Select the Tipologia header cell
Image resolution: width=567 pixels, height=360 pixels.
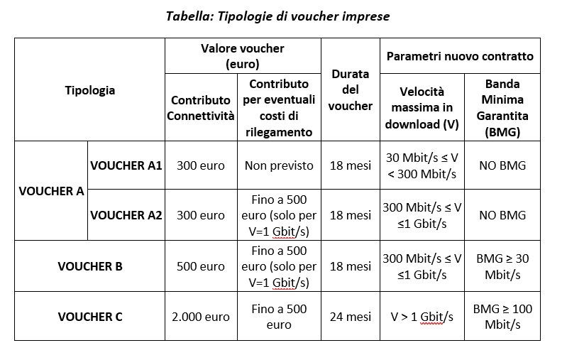coord(89,90)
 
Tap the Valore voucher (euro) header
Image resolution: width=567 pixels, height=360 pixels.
coord(243,56)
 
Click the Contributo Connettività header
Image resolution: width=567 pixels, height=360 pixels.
coord(201,108)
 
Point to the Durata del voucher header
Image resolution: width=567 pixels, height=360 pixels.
coord(351,89)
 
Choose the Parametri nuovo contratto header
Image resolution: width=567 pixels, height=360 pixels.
coord(460,56)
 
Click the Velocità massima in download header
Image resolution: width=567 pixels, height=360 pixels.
coord(422,107)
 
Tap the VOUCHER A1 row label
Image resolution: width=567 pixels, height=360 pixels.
coord(126,165)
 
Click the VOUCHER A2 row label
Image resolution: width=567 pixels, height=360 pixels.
coord(126,215)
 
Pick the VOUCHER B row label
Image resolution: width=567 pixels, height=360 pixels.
coord(89,266)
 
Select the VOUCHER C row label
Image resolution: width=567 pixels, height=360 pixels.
coord(89,317)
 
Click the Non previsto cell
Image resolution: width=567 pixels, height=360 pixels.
coord(279,165)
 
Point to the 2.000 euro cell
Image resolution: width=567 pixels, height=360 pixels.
coord(201,317)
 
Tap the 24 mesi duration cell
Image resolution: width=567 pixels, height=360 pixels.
coord(351,317)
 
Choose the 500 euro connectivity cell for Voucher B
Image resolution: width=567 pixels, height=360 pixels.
coord(201,266)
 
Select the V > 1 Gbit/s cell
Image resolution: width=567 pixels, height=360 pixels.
coord(422,317)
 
